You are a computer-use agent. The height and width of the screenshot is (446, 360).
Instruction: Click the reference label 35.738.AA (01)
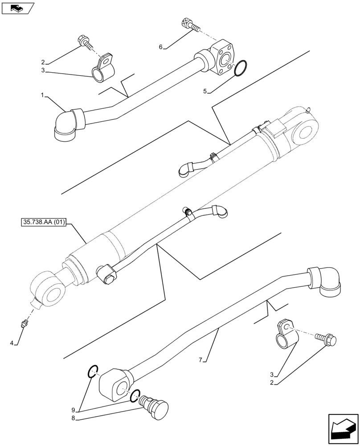click(x=43, y=222)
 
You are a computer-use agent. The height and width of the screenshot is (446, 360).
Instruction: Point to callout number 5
click(x=205, y=91)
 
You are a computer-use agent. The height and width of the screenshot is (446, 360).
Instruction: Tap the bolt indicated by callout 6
click(x=189, y=25)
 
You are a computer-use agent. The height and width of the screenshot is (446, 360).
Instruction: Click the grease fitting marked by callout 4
click(x=25, y=323)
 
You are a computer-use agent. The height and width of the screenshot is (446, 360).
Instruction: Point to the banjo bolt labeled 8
click(x=154, y=406)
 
